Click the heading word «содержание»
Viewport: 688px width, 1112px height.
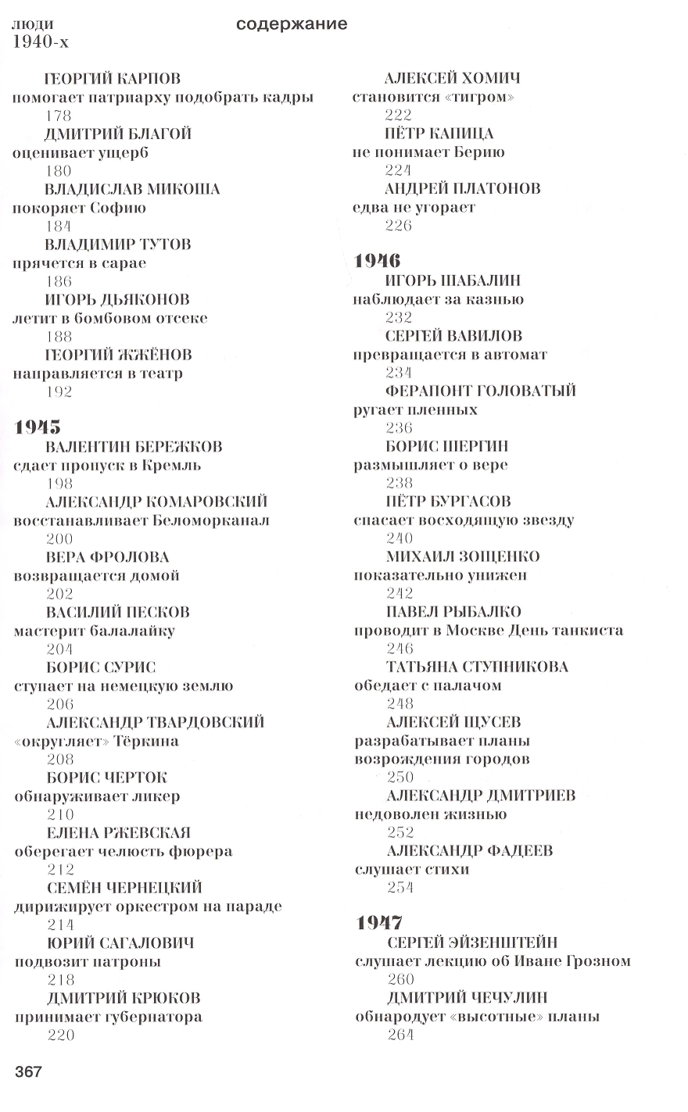pos(291,24)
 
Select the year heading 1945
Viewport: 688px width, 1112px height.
pos(38,427)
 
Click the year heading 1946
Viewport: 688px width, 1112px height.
pos(378,261)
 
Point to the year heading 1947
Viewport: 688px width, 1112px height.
pos(379,923)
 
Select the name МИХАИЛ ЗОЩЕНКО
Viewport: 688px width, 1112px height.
pos(463,556)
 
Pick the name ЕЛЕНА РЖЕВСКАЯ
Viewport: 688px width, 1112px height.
pos(119,832)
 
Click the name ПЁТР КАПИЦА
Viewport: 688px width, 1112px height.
pos(439,134)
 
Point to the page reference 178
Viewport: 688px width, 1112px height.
pos(59,116)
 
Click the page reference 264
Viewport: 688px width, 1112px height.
pos(400,1035)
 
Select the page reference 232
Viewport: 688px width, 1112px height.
pos(399,317)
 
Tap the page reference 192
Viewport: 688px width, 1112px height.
pos(59,392)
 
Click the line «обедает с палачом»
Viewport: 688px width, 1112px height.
pos(428,685)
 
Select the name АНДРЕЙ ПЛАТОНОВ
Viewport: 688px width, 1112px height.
pos(463,188)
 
